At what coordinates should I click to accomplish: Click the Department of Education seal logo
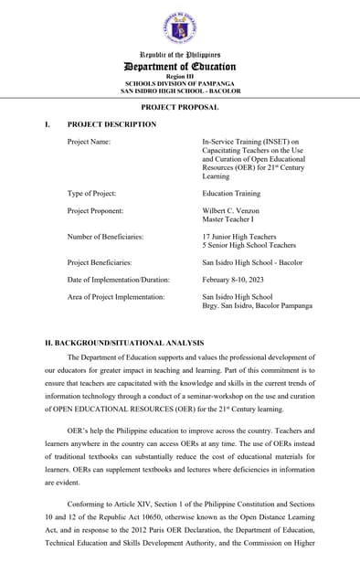point(180,28)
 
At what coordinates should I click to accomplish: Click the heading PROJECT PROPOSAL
point(180,107)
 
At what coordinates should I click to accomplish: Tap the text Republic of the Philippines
point(180,55)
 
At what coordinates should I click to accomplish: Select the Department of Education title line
point(180,67)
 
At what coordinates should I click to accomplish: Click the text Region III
point(180,77)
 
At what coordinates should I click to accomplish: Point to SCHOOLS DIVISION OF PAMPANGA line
point(180,84)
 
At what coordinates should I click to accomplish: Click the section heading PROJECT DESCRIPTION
point(111,124)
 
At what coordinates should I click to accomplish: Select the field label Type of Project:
point(91,194)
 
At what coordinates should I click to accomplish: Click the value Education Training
point(231,194)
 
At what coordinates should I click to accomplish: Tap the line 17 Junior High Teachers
point(238,237)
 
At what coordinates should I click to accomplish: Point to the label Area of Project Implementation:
point(116,297)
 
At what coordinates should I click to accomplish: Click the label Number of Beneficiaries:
point(105,237)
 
